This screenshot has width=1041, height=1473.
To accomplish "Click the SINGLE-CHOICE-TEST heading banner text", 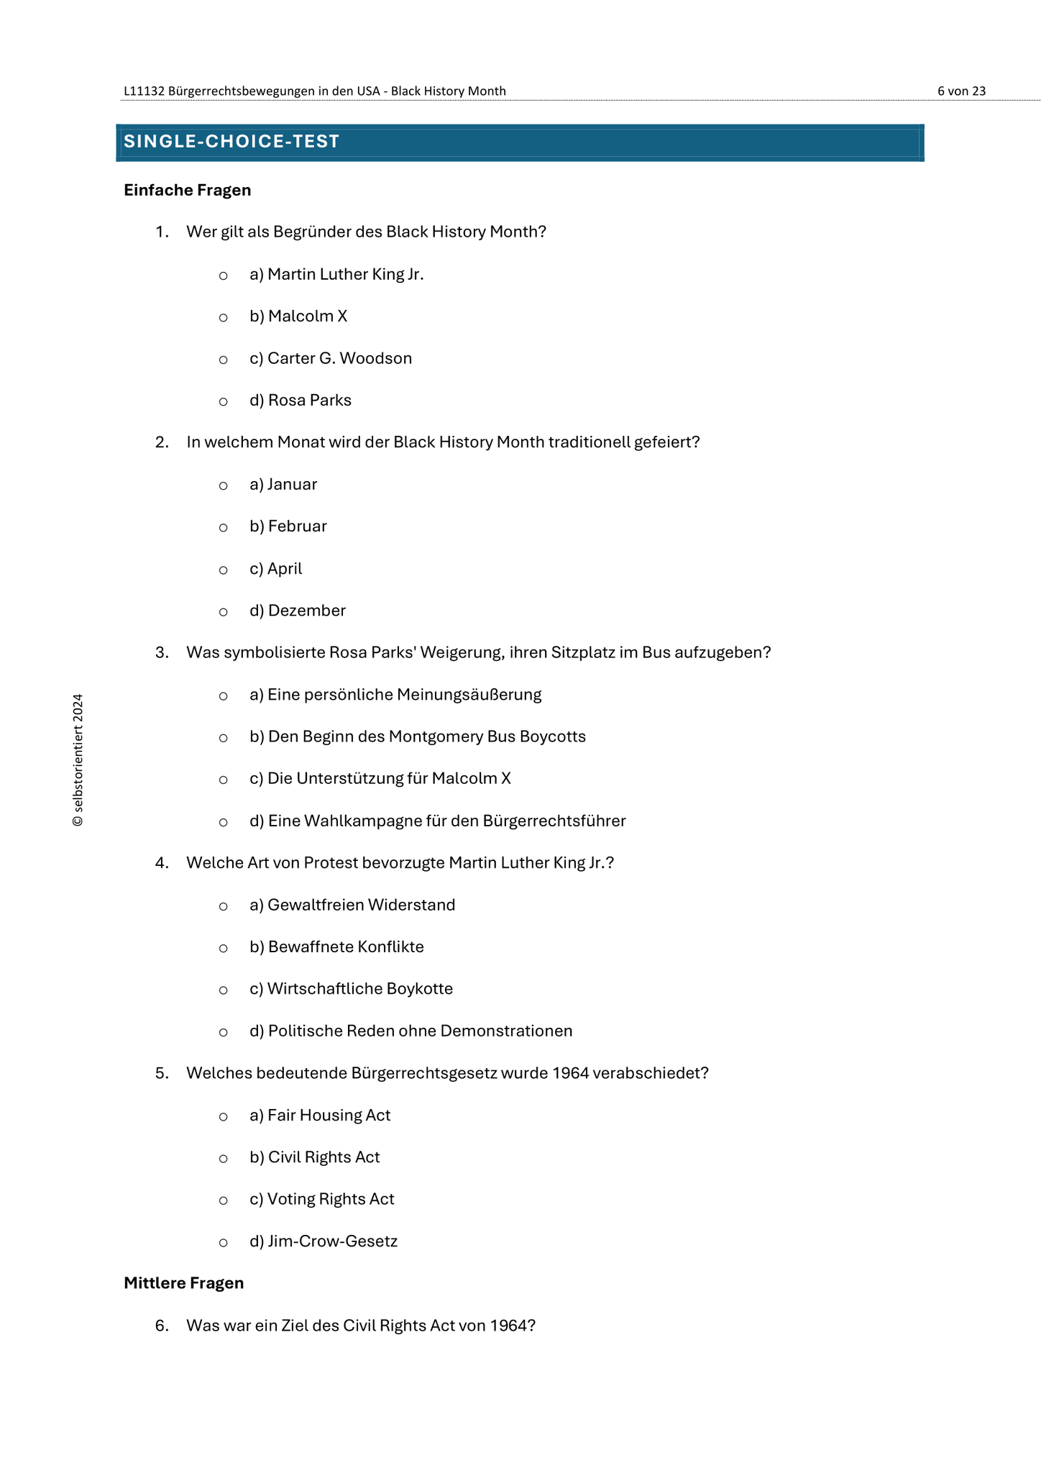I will click(x=231, y=142).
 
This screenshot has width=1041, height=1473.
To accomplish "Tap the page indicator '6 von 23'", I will click(x=961, y=91).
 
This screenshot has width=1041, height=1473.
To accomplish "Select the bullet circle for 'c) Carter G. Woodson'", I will click(x=224, y=360).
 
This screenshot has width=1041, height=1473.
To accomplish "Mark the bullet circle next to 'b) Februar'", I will click(x=224, y=528).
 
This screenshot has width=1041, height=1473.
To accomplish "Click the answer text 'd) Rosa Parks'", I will click(x=301, y=401).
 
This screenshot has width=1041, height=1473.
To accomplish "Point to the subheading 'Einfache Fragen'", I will click(x=187, y=191).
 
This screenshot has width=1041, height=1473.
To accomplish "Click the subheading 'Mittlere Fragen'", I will click(x=183, y=1284).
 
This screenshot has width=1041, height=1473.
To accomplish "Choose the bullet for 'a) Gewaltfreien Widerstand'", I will click(x=224, y=906).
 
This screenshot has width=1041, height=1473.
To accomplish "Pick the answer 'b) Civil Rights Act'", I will click(x=315, y=1157).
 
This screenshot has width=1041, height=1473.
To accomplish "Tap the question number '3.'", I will click(x=162, y=653).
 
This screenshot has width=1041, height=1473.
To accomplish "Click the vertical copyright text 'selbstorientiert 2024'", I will click(x=78, y=760).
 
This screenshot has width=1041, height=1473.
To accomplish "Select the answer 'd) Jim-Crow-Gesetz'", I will click(x=324, y=1241).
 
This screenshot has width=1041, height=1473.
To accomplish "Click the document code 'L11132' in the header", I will click(x=145, y=91).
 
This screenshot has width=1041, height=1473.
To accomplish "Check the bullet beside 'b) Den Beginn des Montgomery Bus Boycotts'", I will click(x=224, y=738).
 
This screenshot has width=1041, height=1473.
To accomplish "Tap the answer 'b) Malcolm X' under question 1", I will click(x=298, y=316).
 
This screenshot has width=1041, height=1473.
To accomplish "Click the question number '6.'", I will click(x=162, y=1326).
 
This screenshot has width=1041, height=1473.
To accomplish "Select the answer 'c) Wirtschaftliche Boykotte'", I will click(x=351, y=989).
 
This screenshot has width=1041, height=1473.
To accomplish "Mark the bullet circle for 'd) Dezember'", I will click(x=224, y=612).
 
